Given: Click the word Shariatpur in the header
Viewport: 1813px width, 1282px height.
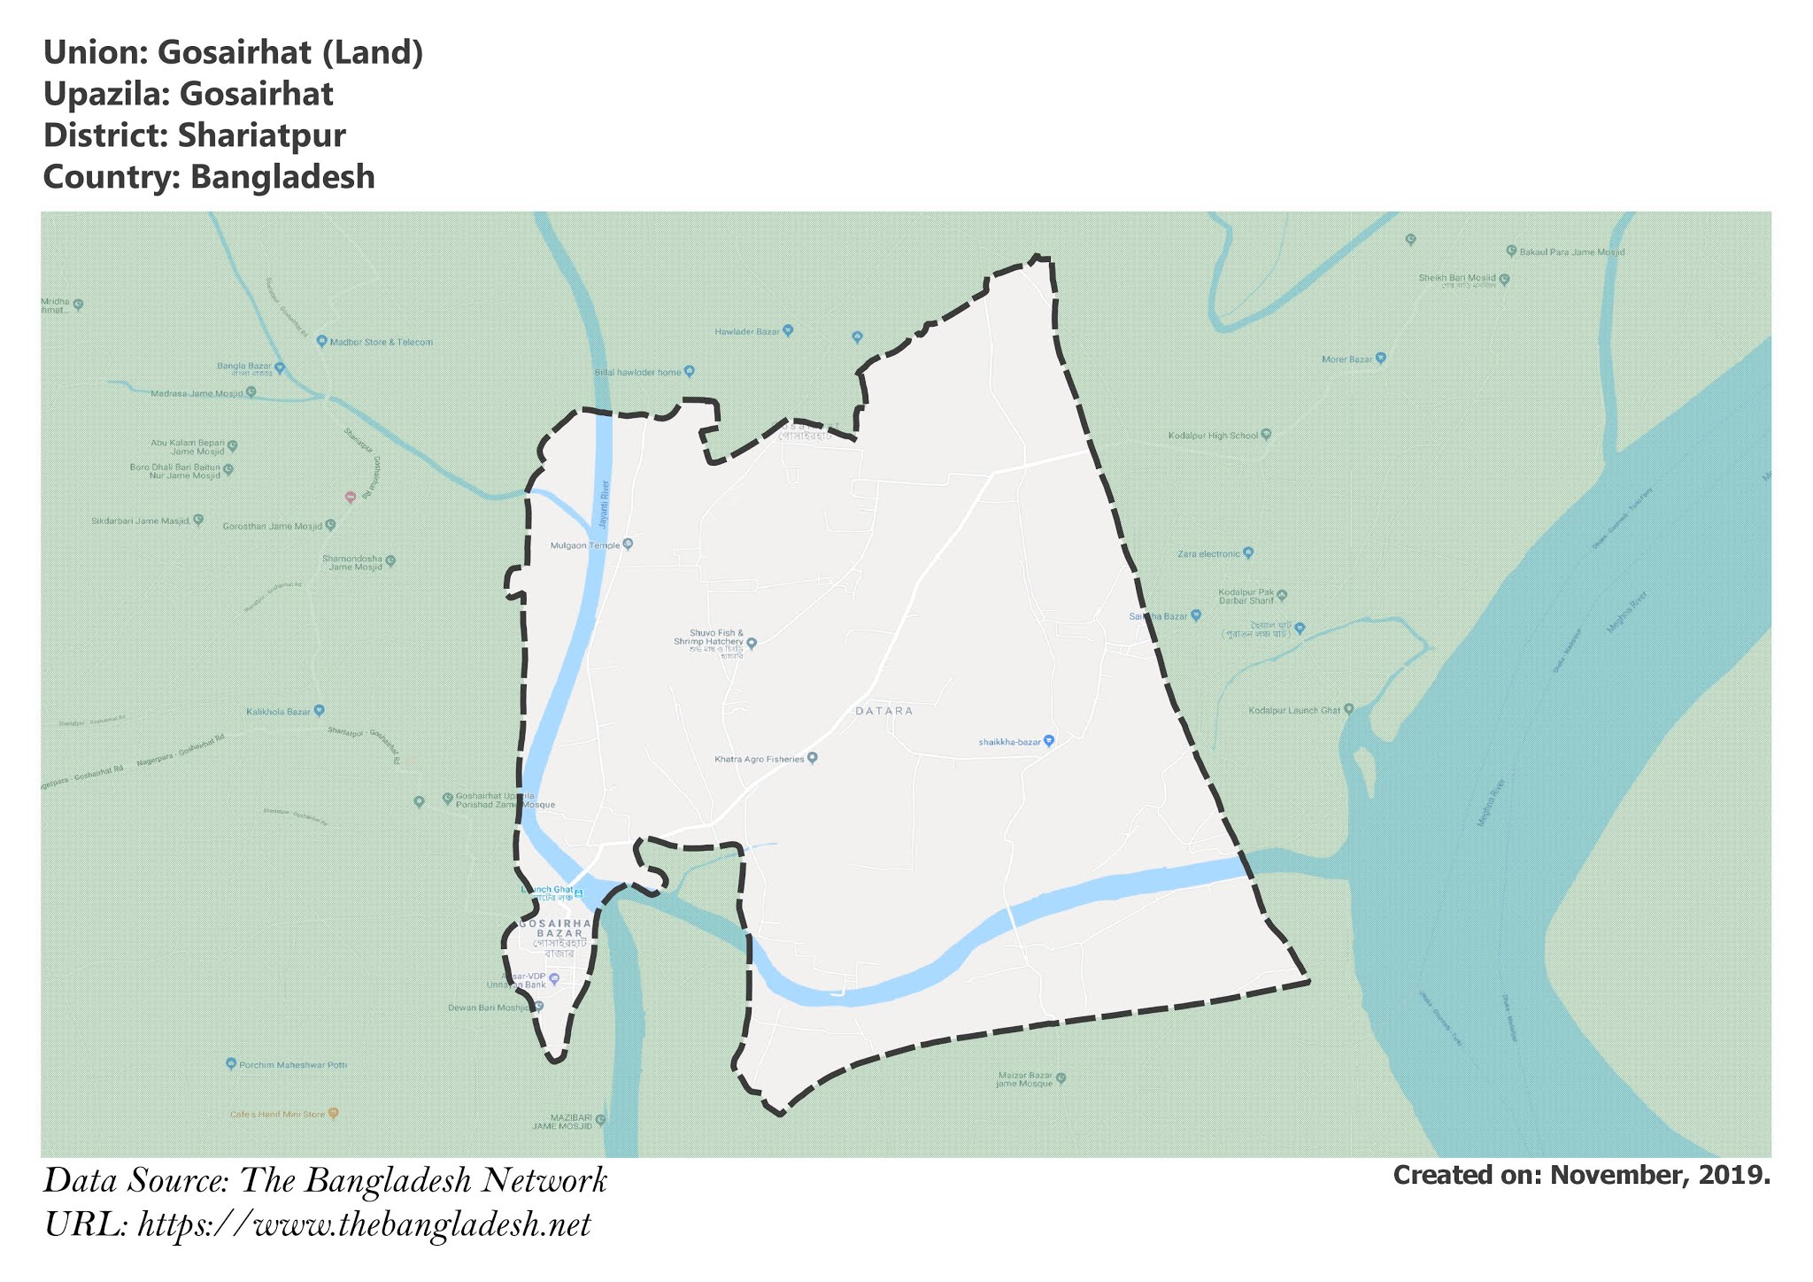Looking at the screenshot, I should pos(261,135).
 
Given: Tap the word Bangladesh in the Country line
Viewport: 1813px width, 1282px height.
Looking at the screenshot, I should pos(282,177).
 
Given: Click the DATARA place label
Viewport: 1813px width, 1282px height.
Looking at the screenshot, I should pos(883,711).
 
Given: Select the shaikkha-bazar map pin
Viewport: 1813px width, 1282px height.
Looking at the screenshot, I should pos(1049,741).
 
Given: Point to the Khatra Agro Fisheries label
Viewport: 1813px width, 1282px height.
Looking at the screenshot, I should pos(760,759).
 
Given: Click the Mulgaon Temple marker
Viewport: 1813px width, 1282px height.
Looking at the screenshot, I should pos(628,544).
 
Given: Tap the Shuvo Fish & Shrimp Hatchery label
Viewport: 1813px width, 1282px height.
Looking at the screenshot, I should pos(708,637).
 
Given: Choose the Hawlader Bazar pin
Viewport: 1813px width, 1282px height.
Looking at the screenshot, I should pos(788,331).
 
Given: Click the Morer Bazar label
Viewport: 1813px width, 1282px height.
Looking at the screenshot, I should pos(1346,359).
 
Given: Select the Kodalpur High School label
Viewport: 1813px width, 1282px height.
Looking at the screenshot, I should pos(1213,436).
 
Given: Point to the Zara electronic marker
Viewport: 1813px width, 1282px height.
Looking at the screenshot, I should pos(1248,553).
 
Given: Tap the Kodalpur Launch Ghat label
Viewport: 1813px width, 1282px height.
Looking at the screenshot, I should pos(1294,710).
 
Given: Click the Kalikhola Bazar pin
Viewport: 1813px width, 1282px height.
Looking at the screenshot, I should pos(320,710).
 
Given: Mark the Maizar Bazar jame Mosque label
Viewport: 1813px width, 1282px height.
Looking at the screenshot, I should pos(1024,1080).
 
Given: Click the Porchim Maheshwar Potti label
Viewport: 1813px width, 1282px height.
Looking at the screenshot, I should pos(293,1064).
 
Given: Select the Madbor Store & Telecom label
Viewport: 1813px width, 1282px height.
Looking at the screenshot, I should pos(381,342).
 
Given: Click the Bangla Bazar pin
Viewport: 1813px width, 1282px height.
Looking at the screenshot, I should pos(280,367).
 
